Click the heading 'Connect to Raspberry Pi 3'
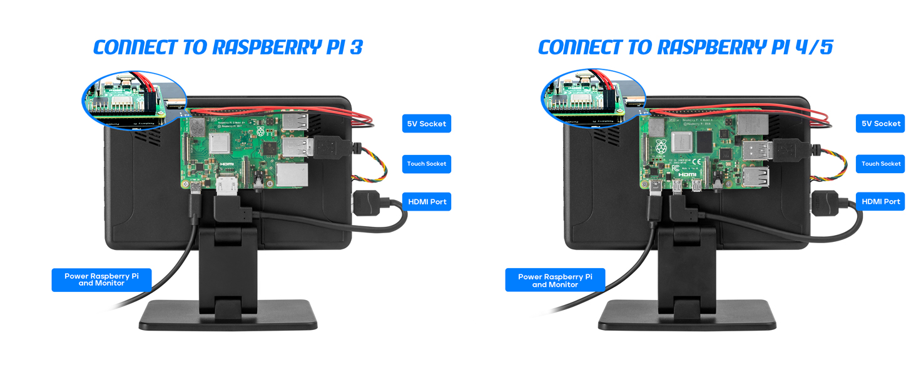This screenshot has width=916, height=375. pyautogui.click(x=228, y=47)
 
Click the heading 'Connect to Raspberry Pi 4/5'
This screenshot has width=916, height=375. pyautogui.click(x=685, y=47)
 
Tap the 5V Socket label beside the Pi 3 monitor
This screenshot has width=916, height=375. pyautogui.click(x=426, y=124)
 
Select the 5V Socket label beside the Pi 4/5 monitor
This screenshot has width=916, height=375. pyautogui.click(x=880, y=124)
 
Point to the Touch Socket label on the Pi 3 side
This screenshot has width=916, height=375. pyautogui.click(x=426, y=164)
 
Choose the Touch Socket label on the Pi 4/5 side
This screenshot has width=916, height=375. pyautogui.click(x=880, y=164)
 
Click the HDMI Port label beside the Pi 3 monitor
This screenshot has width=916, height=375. pyautogui.click(x=427, y=201)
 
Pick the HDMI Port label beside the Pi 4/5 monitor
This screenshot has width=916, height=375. pyautogui.click(x=880, y=201)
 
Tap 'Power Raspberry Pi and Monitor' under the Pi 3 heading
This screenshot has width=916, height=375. pyautogui.click(x=101, y=279)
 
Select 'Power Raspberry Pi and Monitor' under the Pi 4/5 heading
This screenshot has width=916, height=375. pyautogui.click(x=555, y=280)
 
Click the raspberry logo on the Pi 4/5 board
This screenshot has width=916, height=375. pyautogui.click(x=661, y=147)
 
